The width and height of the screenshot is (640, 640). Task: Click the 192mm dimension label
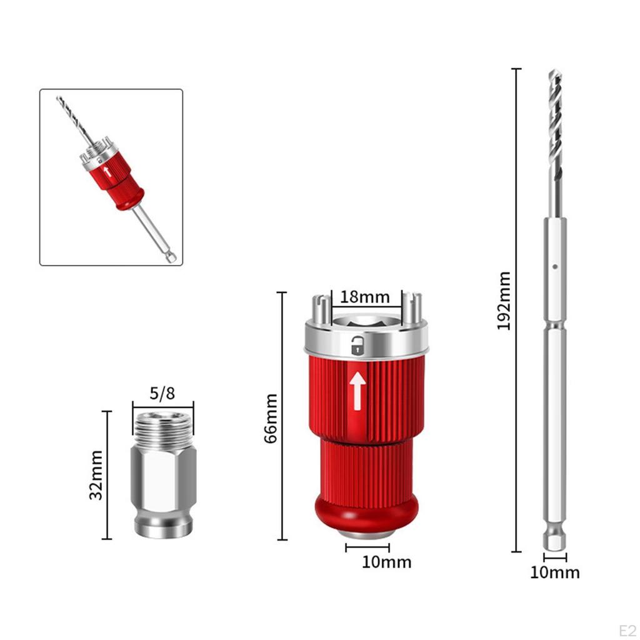(x=504, y=301)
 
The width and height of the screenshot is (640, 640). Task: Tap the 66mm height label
(x=271, y=417)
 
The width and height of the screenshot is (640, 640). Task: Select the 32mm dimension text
(x=96, y=474)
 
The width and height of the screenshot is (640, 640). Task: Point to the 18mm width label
(x=365, y=296)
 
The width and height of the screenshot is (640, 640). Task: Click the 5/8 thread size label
(x=162, y=394)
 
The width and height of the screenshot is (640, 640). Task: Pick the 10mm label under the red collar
(x=386, y=562)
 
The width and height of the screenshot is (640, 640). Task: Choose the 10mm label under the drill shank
(x=555, y=572)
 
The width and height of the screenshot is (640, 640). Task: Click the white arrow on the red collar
(x=357, y=391)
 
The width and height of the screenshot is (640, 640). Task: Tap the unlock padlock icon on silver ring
(x=357, y=345)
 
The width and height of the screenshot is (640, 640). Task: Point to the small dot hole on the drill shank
(x=554, y=266)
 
